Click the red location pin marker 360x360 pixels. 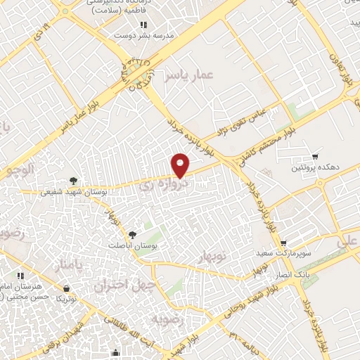click(x=181, y=165)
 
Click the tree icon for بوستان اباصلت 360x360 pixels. click(x=133, y=233)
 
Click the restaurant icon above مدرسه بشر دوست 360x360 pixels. click(x=143, y=24)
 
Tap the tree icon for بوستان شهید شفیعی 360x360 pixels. click(x=72, y=180)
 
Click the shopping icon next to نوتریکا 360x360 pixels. click(x=67, y=288)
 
